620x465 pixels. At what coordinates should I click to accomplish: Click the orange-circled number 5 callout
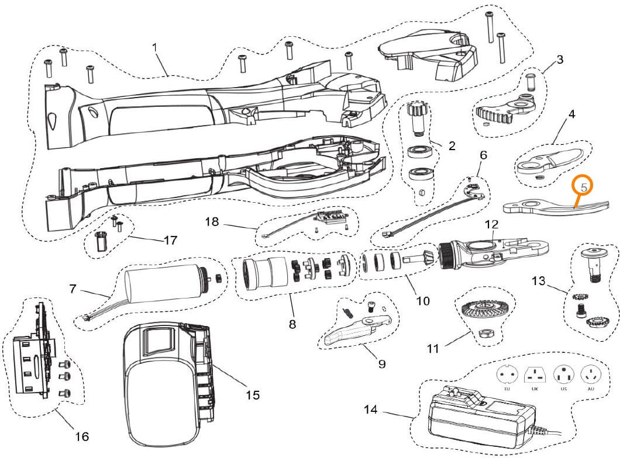(584, 186)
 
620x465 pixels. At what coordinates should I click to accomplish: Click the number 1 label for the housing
(156, 47)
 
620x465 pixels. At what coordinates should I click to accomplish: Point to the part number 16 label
(82, 436)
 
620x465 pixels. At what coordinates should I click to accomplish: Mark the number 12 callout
(492, 224)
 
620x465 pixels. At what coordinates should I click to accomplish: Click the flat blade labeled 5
(556, 207)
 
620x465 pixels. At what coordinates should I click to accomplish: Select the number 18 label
(212, 221)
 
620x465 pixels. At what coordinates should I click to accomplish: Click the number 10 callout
(422, 301)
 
